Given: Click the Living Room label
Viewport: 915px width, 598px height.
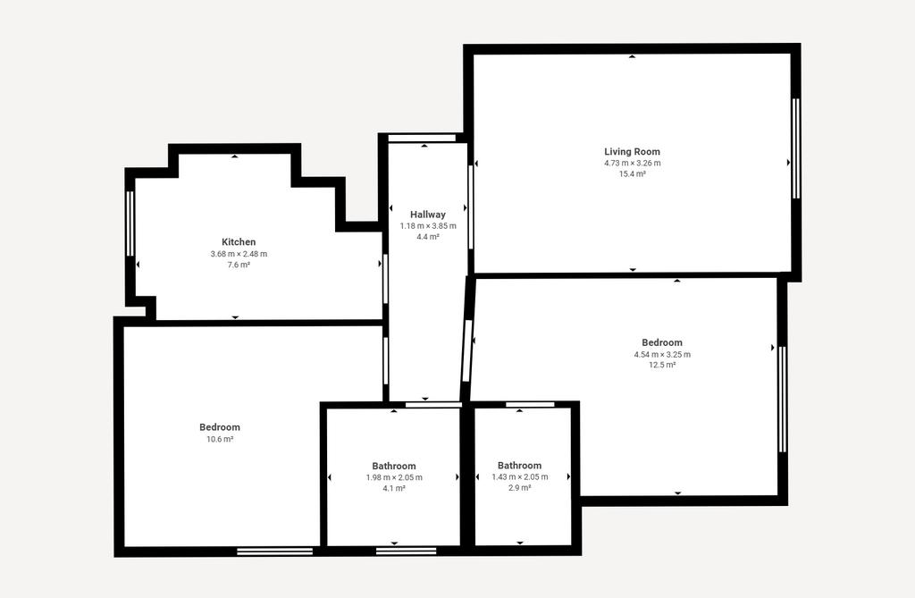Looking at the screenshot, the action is (x=632, y=152).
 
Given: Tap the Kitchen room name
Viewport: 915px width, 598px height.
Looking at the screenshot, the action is (x=239, y=241).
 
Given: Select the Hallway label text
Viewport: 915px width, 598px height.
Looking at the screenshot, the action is (x=428, y=215).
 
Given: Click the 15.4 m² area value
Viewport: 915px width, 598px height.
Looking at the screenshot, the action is (x=633, y=174).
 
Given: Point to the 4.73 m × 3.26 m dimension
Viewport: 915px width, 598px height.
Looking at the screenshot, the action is (x=633, y=163).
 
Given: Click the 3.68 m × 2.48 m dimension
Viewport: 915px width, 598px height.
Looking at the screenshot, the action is (x=239, y=254).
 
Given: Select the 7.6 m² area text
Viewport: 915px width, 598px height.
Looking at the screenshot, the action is (x=239, y=265).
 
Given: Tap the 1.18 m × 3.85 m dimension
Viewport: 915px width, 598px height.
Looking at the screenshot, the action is (x=428, y=226).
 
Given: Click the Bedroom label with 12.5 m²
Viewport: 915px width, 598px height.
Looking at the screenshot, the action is (x=662, y=342).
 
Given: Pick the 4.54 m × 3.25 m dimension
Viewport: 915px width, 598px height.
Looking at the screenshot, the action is (x=662, y=355).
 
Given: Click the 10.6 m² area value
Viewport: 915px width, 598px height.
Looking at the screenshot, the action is (x=220, y=439).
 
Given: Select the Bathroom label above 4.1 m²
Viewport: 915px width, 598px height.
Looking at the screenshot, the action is (x=394, y=466).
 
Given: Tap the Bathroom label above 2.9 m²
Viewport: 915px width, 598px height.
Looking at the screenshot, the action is (x=519, y=466).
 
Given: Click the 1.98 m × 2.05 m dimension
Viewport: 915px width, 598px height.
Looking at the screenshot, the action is (x=394, y=477).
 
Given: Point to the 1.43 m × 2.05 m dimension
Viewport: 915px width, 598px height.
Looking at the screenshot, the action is (x=520, y=477).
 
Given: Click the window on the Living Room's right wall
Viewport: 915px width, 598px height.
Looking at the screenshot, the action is (x=796, y=148).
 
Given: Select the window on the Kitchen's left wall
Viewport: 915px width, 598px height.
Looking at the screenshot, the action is (x=130, y=223).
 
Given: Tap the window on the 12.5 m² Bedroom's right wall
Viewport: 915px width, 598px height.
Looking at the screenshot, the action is (x=783, y=400).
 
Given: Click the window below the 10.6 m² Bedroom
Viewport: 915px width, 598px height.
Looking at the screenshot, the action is (x=275, y=551).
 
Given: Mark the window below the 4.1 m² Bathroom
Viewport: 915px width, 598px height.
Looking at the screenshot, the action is (x=407, y=551).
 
